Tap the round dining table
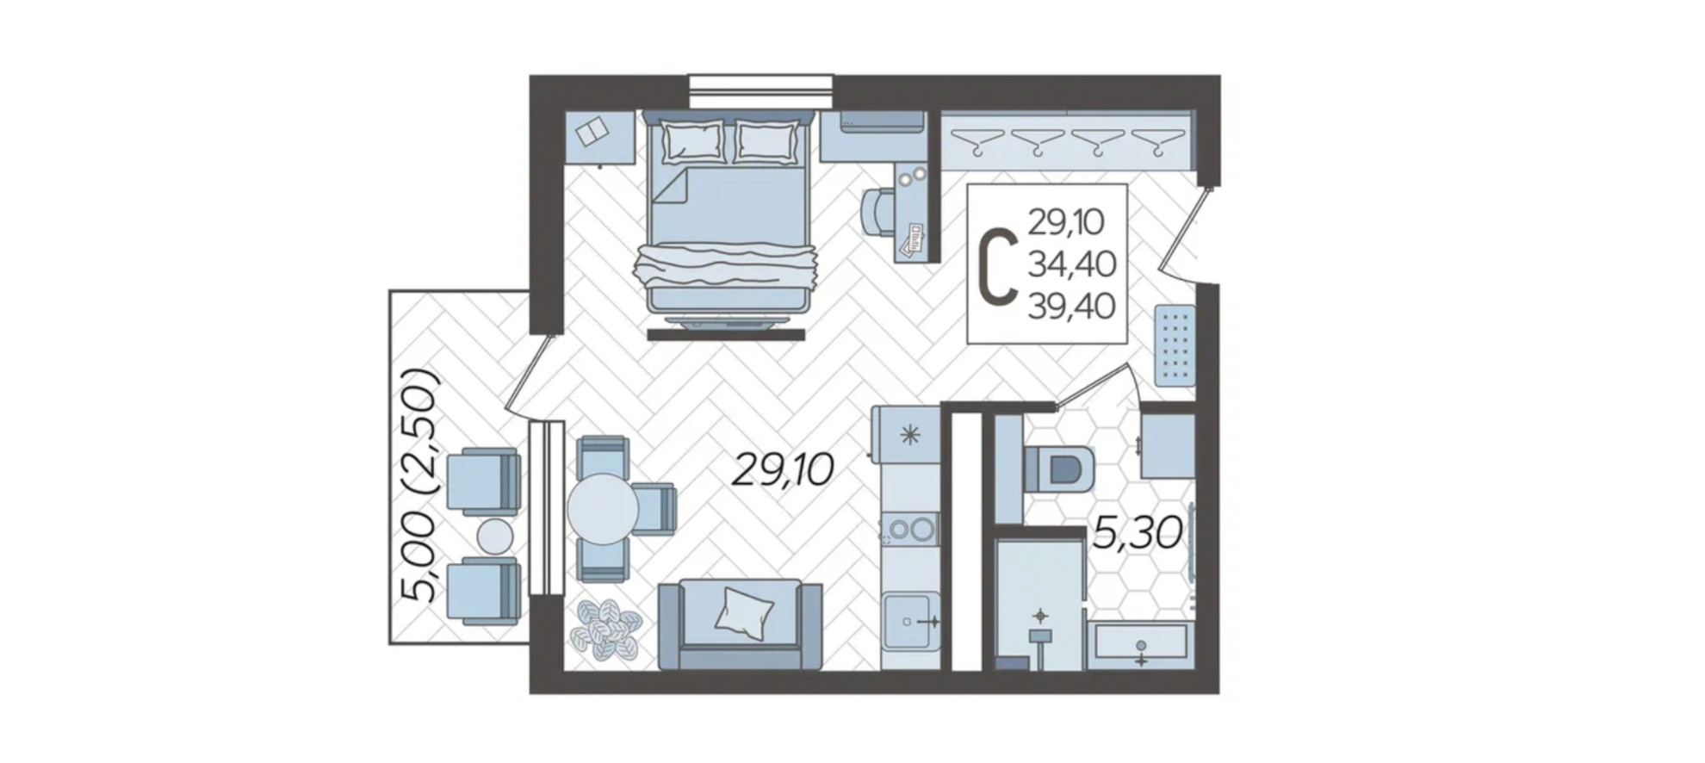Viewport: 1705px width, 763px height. coord(603,509)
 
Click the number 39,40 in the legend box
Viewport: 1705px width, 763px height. coord(1072,306)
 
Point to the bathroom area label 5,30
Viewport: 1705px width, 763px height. coord(1137,533)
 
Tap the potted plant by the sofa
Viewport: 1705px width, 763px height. coord(607,629)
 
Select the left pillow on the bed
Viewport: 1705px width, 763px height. coord(692,140)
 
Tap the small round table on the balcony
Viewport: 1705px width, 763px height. coord(495,537)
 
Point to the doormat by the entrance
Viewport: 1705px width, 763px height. coord(1175,345)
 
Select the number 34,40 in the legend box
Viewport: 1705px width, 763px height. coord(1072,264)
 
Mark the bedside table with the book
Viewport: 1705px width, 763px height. coord(600,137)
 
